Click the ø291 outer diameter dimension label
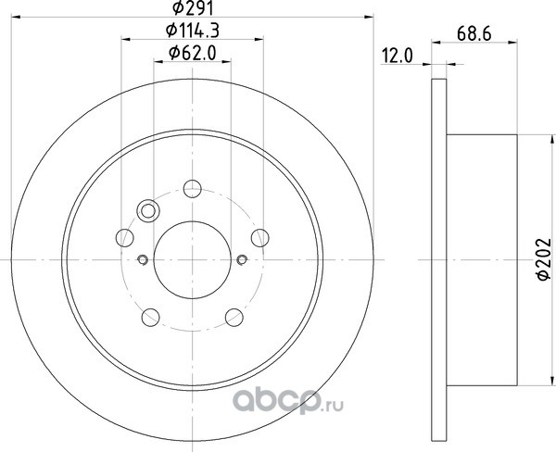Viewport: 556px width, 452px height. click(x=193, y=7)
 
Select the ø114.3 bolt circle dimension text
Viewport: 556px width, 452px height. click(x=193, y=31)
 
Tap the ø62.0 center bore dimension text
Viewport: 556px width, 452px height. click(x=193, y=53)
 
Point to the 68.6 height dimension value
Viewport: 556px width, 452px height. click(x=474, y=34)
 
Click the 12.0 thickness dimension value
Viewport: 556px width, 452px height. click(x=398, y=56)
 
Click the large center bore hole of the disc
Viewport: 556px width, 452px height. click(x=193, y=260)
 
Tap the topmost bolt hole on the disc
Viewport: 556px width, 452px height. click(x=193, y=189)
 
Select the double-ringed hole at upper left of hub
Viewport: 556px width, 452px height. click(x=148, y=211)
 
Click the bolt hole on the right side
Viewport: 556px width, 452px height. click(x=259, y=237)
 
